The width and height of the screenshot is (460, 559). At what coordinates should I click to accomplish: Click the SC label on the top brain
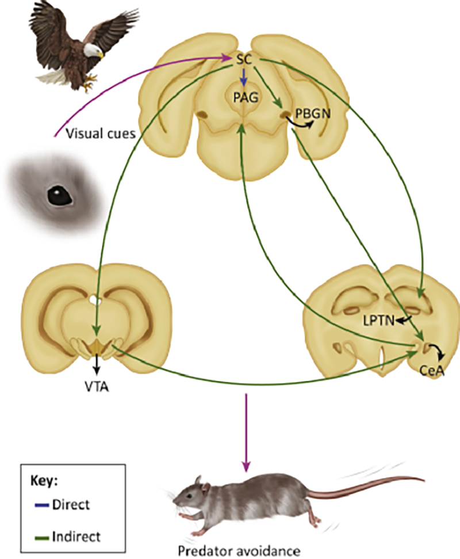tap(244, 58)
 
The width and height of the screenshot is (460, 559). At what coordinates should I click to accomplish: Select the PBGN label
tap(313, 113)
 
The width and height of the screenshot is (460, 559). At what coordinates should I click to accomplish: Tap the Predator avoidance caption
tap(247, 551)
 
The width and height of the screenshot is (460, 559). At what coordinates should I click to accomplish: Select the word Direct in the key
tap(71, 505)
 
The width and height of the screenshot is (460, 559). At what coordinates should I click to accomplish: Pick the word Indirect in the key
tap(75, 536)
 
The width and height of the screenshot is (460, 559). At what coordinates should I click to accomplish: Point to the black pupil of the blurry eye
tap(59, 196)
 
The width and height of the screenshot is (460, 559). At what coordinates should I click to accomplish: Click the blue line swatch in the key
tap(37, 505)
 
